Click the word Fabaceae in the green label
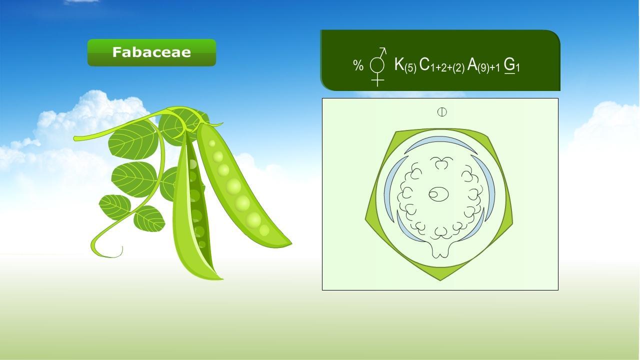point(151,52)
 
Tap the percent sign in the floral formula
point(358,65)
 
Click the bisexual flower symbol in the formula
point(378,65)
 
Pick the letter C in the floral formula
point(424,64)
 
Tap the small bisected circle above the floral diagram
point(442,112)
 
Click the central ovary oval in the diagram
point(438,194)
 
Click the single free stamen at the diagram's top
point(441,162)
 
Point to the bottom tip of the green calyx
point(440,278)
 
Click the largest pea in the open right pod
point(233,187)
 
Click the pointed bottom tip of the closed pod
point(220,278)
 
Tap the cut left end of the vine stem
point(75,138)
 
